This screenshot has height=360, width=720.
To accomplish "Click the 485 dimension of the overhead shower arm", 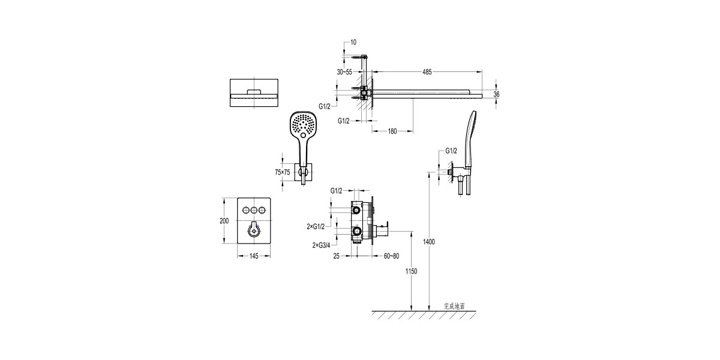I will click(x=427, y=72).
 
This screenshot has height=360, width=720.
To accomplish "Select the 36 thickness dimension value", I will click(x=496, y=94).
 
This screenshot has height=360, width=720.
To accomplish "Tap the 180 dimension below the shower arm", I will click(x=392, y=131).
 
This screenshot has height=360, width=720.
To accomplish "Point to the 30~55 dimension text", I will click(x=344, y=72).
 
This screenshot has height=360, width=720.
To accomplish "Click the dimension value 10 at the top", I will click(x=353, y=43).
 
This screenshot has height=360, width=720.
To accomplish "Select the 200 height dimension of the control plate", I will click(x=224, y=221).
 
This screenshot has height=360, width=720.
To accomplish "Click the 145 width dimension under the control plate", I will click(x=253, y=257).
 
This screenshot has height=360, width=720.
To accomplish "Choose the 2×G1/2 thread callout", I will click(x=316, y=226).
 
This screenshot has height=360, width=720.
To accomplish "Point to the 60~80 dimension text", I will click(x=391, y=257).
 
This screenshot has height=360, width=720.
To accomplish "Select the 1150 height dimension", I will click(x=411, y=271).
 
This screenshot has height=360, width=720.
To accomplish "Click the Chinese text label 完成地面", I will click(x=454, y=305).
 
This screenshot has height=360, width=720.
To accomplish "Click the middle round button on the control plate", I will click(x=254, y=210).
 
